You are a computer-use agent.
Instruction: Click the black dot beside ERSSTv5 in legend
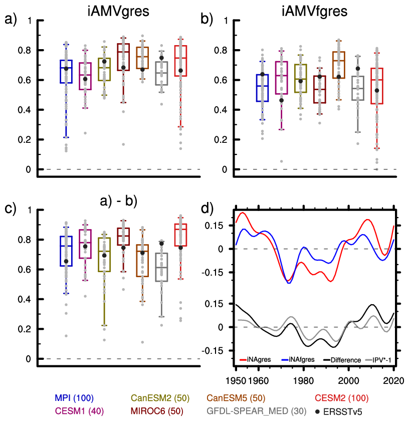(319, 411)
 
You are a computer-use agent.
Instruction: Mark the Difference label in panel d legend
(343, 359)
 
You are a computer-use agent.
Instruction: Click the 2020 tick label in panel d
(391, 379)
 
